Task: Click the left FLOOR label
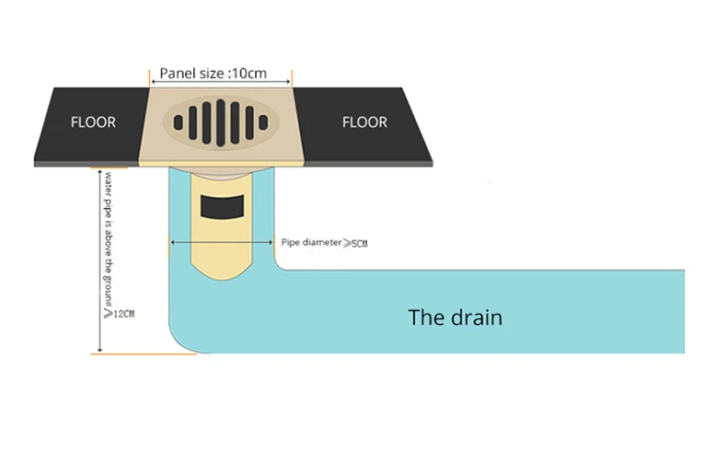pyautogui.click(x=93, y=122)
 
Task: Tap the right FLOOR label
pyautogui.click(x=364, y=122)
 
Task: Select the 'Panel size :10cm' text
pyautogui.click(x=213, y=74)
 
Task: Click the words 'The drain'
pyautogui.click(x=455, y=318)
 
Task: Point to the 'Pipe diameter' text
pyautogui.click(x=311, y=242)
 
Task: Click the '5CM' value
pyautogui.click(x=359, y=244)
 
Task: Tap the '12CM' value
pyautogui.click(x=124, y=314)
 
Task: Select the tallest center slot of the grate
pyautogui.click(x=221, y=123)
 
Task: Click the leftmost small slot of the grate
pyautogui.click(x=178, y=123)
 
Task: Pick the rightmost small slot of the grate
pyautogui.click(x=263, y=123)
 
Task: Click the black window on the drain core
pyautogui.click(x=222, y=207)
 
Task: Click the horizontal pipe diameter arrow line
pyautogui.click(x=222, y=242)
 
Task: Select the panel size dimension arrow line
pyautogui.click(x=221, y=82)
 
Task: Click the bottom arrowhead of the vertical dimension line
pyautogui.click(x=99, y=350)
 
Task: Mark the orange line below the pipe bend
pyautogui.click(x=144, y=354)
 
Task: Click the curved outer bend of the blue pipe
pyautogui.click(x=179, y=341)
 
